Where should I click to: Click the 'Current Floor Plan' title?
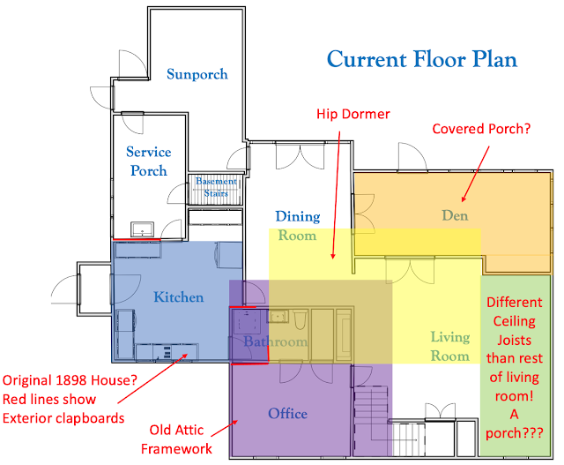421,60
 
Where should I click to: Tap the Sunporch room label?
197,74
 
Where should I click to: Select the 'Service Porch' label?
148,161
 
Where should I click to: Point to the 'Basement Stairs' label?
216,187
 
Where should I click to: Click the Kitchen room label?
178,297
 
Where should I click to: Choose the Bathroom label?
276,341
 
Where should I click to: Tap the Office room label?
287,413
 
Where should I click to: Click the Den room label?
456,215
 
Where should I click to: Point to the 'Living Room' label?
449,346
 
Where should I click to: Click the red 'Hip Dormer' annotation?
352,114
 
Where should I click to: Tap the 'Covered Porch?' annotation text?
481,129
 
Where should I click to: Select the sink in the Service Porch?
141,229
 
